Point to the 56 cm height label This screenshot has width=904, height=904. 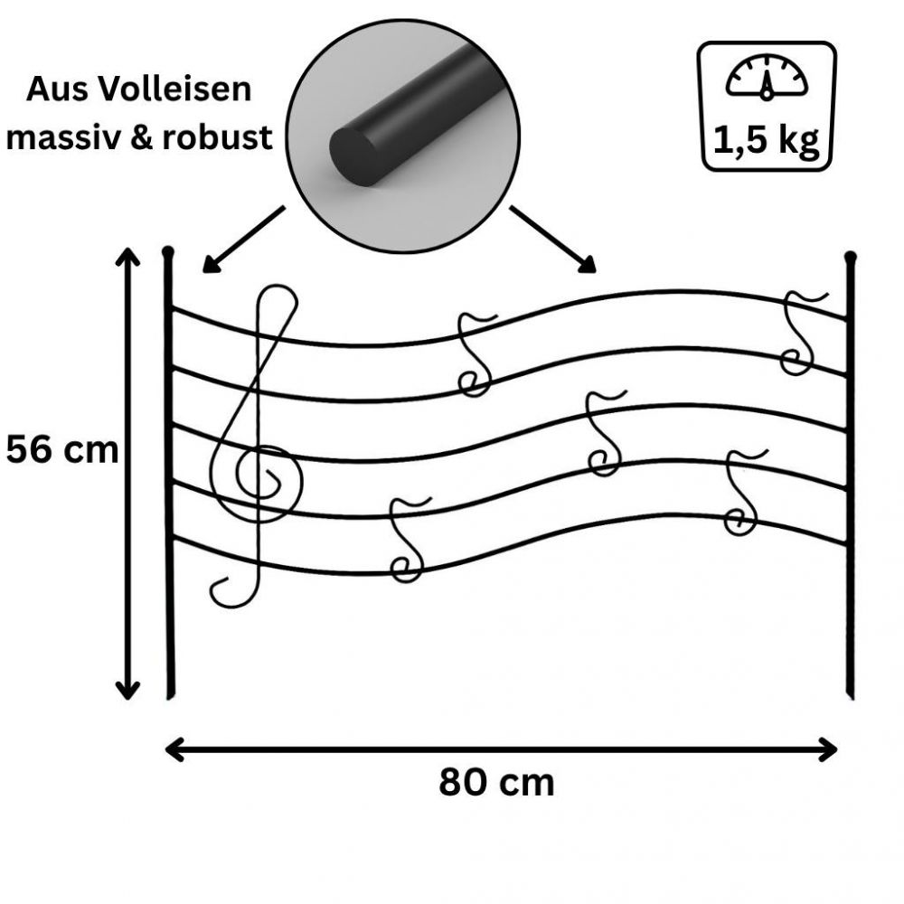coord(61,449)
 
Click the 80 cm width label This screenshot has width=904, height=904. coord(496,782)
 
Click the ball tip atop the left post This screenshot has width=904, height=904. coord(167,250)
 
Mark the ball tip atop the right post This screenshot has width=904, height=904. coord(850,258)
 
